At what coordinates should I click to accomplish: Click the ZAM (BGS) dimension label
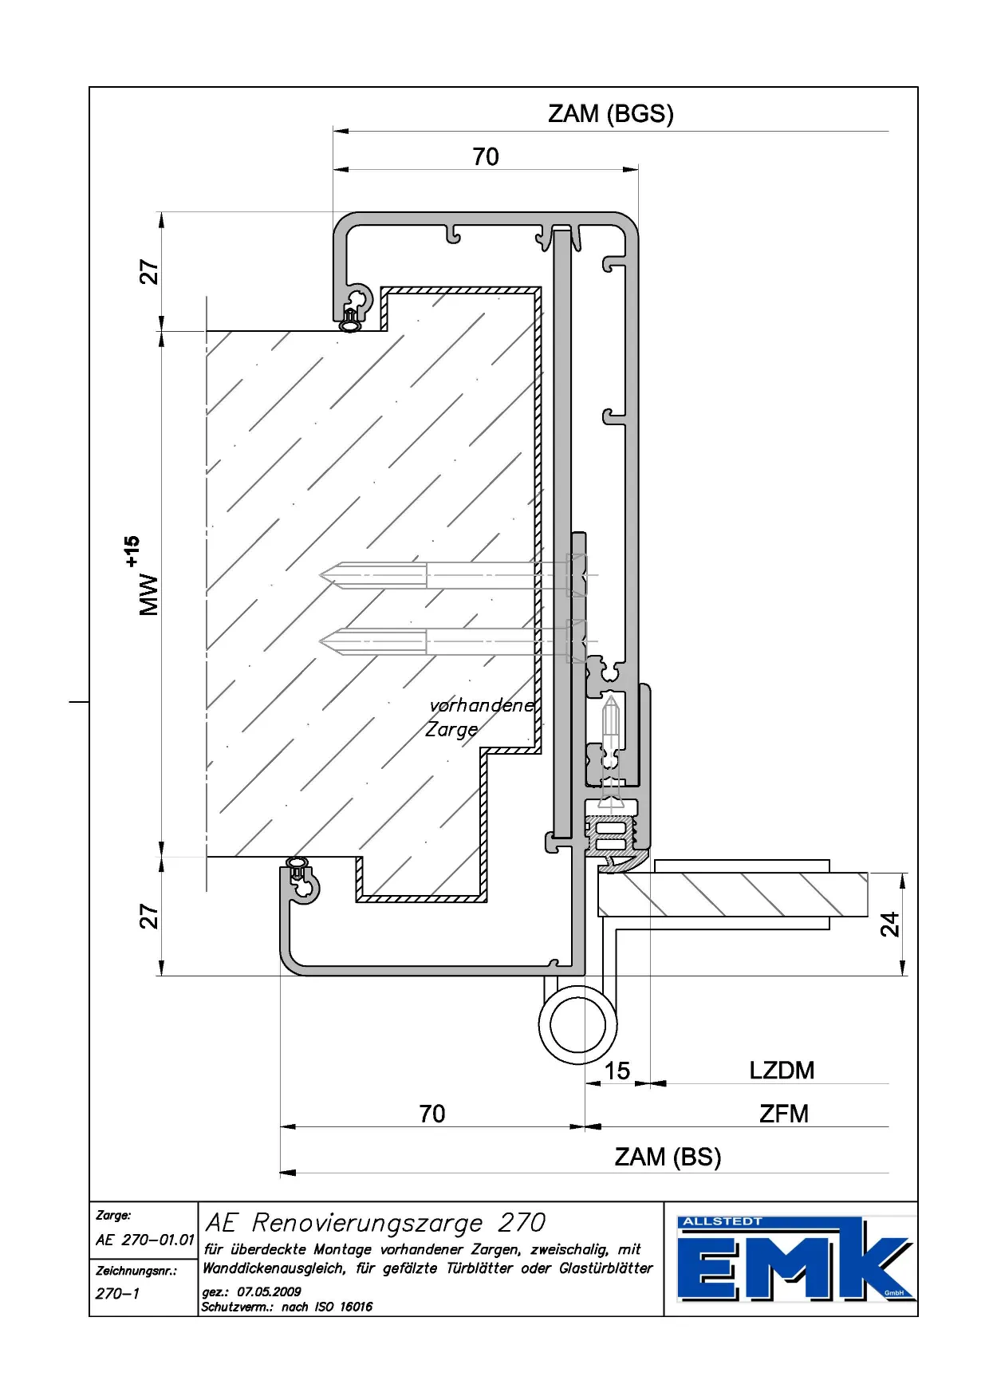point(610,114)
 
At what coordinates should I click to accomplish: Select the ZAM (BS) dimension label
point(667,1157)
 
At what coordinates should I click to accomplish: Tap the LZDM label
point(781,1071)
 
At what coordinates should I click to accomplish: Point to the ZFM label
point(783,1114)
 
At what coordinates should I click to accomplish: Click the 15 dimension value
point(617,1071)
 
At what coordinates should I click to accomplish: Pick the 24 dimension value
point(889,924)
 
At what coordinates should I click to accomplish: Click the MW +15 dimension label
point(144,576)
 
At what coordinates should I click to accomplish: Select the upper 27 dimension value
point(149,272)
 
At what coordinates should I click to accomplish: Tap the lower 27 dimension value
point(149,916)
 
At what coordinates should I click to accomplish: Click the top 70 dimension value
point(485,157)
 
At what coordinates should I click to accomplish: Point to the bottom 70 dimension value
point(431,1114)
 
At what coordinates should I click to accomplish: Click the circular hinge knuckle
point(577,1025)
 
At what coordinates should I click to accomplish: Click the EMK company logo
point(794,1259)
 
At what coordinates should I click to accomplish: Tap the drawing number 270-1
point(117,1293)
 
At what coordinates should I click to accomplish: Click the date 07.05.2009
point(269,1292)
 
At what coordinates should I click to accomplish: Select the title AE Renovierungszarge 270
point(375,1222)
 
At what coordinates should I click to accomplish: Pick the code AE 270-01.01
point(144,1240)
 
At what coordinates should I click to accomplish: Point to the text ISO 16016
point(345,1307)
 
